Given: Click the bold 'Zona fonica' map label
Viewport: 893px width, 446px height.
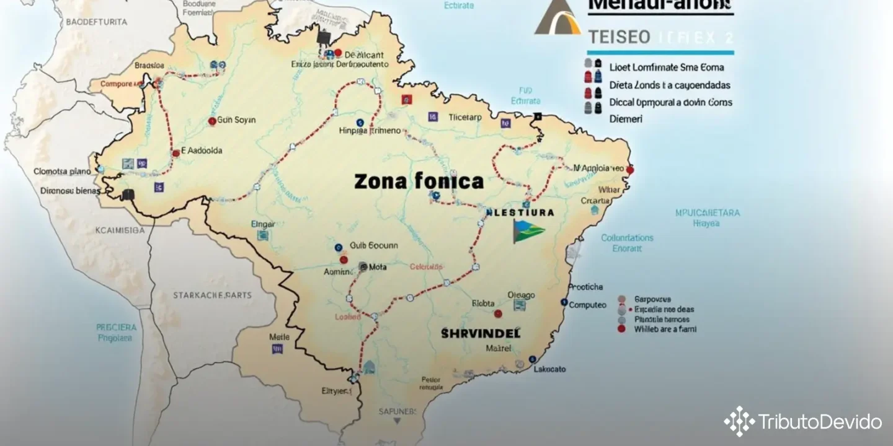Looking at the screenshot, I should pos(419,181).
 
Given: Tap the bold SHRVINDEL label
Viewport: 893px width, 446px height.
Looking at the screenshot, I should pos(481,333).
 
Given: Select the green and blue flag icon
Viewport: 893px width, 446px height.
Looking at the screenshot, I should pos(528,230).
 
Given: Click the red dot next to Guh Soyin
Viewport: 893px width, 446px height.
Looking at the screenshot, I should pos(212,121).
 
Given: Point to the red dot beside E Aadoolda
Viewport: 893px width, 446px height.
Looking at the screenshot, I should pos(176,152).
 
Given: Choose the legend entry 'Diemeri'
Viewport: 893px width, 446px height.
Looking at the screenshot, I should pos(626,119).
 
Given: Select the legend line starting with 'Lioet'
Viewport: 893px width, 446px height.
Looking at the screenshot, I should pos(666,67).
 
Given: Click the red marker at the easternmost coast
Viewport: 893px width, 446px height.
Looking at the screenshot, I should pos(630,169).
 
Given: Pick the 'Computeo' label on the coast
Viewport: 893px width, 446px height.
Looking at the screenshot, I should pos(587,305).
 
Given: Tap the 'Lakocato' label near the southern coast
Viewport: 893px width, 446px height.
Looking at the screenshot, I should pos(549,369).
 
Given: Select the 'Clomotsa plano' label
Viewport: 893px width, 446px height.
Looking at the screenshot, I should pos(62,172).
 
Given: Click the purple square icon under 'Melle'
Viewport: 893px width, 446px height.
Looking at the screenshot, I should pos(277,349).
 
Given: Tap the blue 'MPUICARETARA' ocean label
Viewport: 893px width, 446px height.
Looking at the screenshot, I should pos(707,213).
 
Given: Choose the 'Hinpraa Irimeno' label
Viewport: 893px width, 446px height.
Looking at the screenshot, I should pos(371,131).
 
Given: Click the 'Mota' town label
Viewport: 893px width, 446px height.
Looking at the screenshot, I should pos(378,267).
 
